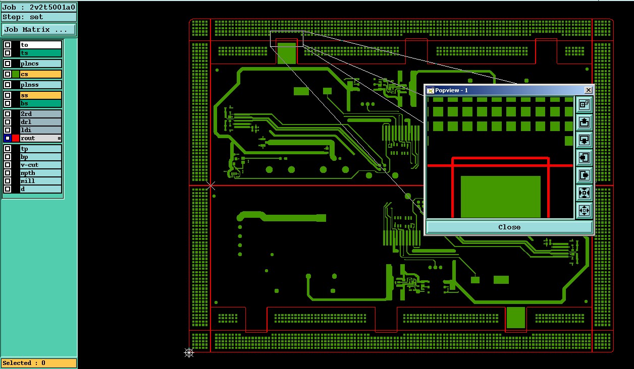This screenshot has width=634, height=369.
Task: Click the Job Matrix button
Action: [x=39, y=29]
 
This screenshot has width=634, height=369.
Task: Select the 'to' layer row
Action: [x=41, y=45]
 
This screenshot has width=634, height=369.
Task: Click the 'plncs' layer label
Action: [x=41, y=64]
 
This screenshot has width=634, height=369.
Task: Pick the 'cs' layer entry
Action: [x=41, y=74]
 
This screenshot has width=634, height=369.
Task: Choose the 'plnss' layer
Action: [x=41, y=85]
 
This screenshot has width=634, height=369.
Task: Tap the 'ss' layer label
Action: [x=41, y=95]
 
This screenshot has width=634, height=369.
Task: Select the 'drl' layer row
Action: [x=41, y=122]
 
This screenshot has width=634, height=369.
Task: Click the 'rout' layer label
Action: [x=41, y=138]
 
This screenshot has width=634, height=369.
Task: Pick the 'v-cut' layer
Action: [x=41, y=165]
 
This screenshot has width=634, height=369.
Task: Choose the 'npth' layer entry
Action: [x=41, y=173]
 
